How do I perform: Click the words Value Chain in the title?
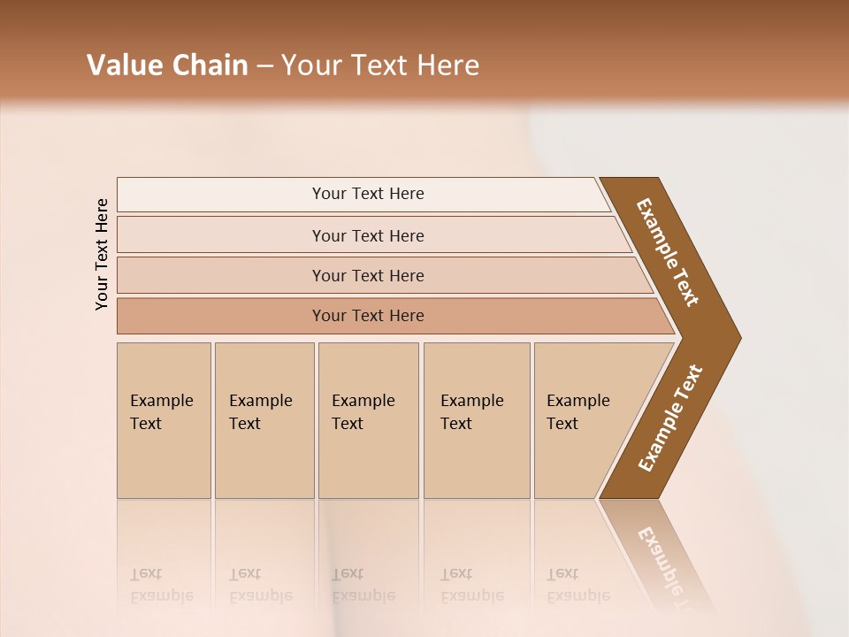click(x=167, y=65)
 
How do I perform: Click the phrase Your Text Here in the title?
click(x=380, y=65)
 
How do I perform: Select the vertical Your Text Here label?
click(x=102, y=254)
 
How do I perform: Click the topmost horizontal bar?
click(x=367, y=194)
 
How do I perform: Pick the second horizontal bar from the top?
click(x=367, y=235)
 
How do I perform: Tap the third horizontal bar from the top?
click(x=367, y=275)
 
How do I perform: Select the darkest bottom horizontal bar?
click(x=367, y=316)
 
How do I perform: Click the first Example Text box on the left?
click(x=164, y=420)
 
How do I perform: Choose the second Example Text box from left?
click(x=264, y=420)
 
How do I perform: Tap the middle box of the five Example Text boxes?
click(x=368, y=420)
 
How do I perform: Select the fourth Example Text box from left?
click(x=476, y=420)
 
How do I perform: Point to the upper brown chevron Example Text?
click(x=669, y=252)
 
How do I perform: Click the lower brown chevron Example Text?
click(x=670, y=418)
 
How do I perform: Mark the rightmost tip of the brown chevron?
click(x=738, y=337)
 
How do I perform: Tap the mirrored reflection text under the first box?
click(x=161, y=586)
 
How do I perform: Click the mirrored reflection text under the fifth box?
click(x=577, y=586)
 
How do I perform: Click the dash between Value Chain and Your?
click(x=264, y=66)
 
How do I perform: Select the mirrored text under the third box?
click(x=363, y=586)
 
